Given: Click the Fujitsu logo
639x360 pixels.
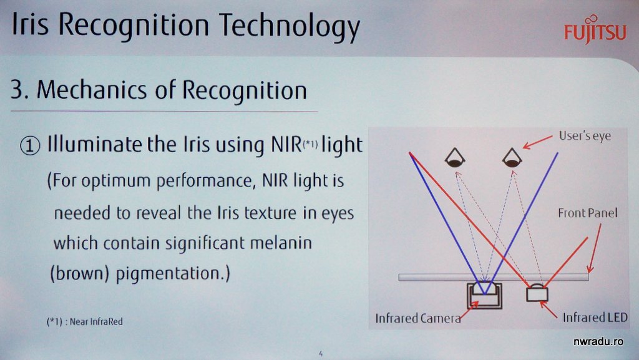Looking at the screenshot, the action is tap(595, 29).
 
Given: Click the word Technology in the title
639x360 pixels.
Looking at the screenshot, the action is tap(290, 27).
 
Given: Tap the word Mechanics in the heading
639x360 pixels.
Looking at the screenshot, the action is tap(92, 90).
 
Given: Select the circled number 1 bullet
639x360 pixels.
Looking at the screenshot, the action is tap(30, 146).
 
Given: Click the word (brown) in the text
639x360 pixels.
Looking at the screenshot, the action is tap(79, 273).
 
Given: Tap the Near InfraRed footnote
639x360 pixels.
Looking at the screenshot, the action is tap(84, 321).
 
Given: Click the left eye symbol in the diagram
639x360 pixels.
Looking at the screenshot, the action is tap(455, 158).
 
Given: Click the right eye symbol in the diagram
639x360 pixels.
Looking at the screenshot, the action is tap(512, 158).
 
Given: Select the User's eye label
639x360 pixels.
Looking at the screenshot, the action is tap(585, 136).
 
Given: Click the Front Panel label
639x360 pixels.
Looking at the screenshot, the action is tap(588, 213).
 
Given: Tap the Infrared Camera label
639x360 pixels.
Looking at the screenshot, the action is tap(417, 318).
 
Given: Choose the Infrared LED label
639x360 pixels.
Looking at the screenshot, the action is tap(595, 317).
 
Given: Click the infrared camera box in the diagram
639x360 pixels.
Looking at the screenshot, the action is tap(484, 295).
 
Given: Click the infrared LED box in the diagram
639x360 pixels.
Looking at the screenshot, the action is tap(537, 293).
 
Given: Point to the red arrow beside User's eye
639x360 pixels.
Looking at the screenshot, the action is tap(537, 142).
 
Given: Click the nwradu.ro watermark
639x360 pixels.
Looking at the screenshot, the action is tap(598, 341).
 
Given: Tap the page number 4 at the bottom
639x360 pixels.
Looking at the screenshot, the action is tap(321, 354).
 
